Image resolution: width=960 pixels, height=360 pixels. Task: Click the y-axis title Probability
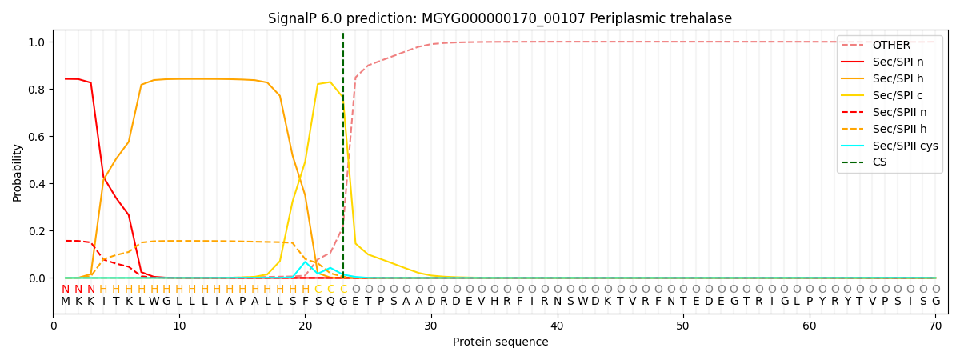tap(18, 172)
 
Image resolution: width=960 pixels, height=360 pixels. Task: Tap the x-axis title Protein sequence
tap(500, 342)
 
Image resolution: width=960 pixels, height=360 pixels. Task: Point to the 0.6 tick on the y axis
tap(38, 137)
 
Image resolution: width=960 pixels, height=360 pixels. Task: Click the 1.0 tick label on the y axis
tap(38, 42)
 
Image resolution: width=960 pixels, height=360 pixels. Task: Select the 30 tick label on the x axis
tap(431, 326)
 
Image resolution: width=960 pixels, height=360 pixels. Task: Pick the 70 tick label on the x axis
tap(935, 326)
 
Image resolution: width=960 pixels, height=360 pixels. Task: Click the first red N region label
tap(66, 290)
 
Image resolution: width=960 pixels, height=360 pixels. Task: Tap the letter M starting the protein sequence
tap(66, 302)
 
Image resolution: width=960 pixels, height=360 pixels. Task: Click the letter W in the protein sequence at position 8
tap(154, 302)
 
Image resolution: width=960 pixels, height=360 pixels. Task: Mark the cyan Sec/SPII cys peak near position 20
tap(305, 262)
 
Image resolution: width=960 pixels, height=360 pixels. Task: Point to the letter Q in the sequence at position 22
tap(330, 302)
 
